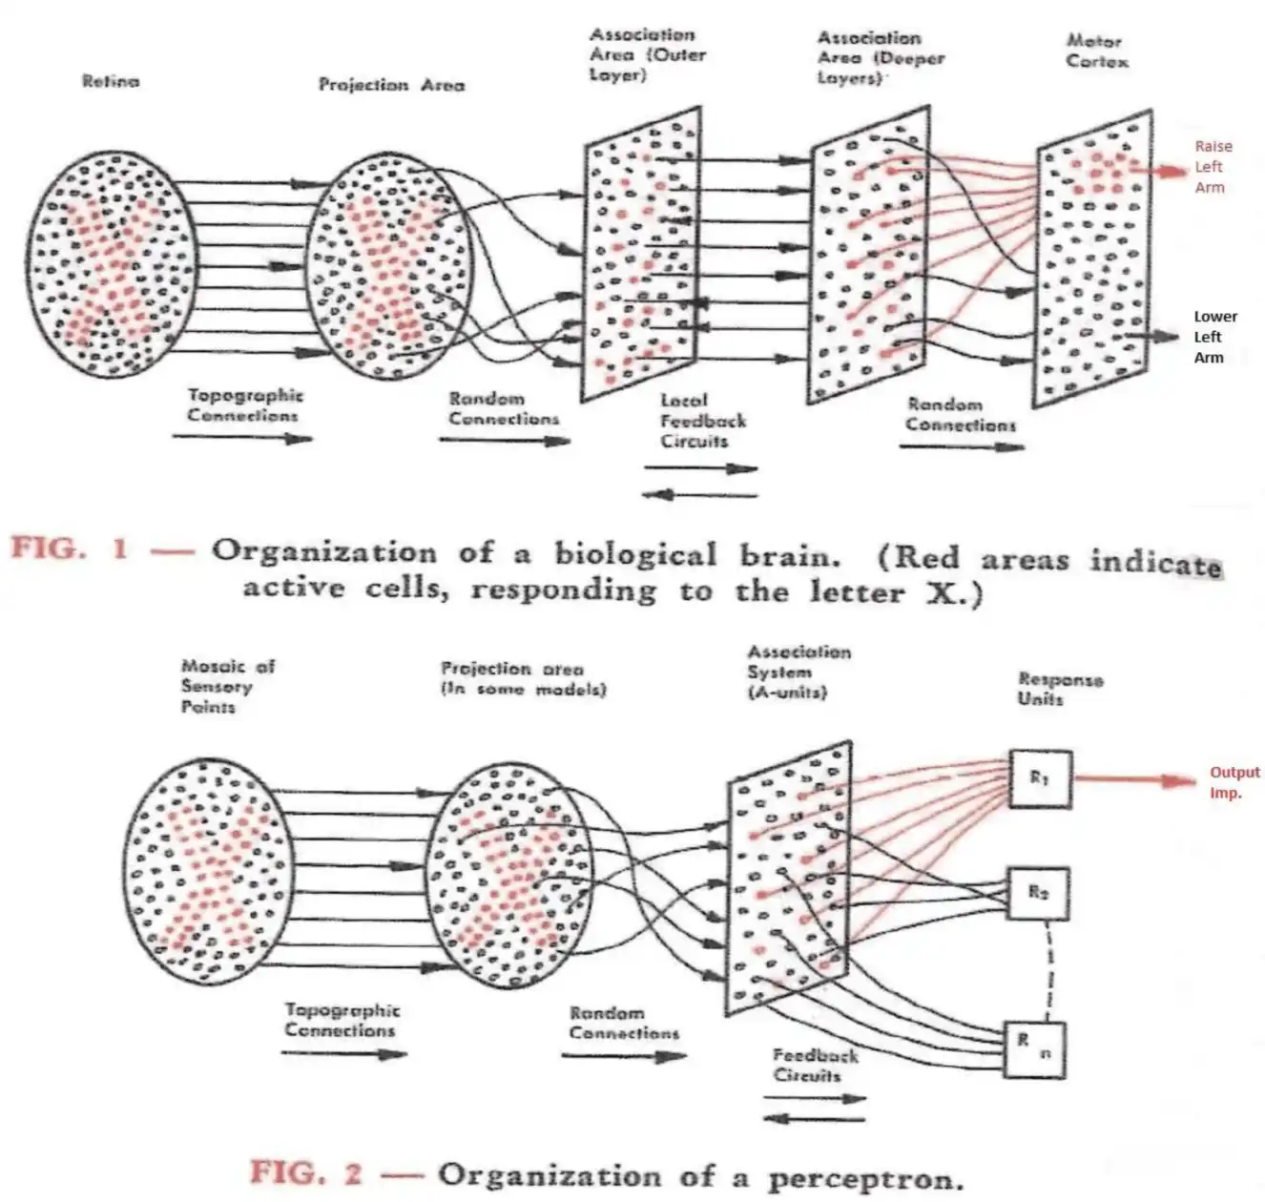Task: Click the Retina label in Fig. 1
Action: tap(111, 82)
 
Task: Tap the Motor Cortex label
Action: tap(1096, 52)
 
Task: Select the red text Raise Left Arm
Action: tap(1212, 167)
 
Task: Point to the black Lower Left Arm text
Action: tap(1214, 337)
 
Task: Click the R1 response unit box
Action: tap(1040, 779)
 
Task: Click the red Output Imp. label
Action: tap(1234, 782)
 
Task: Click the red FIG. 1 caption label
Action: tap(69, 549)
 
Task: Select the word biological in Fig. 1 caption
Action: tap(634, 554)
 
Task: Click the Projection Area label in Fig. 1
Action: tap(391, 85)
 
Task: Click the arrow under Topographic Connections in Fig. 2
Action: tap(344, 1054)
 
